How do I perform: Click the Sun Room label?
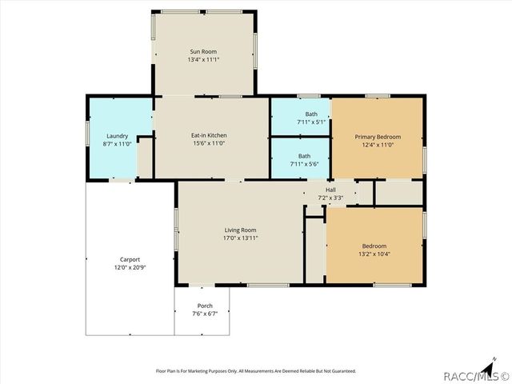point(204,51)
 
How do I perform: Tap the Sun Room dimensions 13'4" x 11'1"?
point(204,59)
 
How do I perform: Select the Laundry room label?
point(116,136)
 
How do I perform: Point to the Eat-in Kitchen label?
point(210,136)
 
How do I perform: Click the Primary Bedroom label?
point(378,137)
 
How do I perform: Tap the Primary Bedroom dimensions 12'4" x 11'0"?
point(378,145)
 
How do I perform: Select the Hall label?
point(330,190)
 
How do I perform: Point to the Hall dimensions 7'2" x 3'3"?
point(330,198)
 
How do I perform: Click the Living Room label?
point(240,230)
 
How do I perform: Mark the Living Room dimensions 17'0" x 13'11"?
point(240,238)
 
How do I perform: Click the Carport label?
point(130,259)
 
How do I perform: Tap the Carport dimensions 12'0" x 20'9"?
point(130,267)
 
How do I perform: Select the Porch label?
point(205,306)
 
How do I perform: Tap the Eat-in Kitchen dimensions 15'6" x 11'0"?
point(210,144)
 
